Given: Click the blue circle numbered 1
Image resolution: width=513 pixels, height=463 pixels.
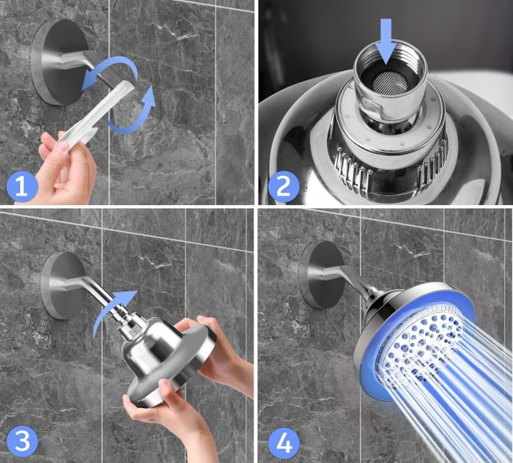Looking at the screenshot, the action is [22, 186].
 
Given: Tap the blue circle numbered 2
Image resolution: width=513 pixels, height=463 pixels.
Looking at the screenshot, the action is [284, 186].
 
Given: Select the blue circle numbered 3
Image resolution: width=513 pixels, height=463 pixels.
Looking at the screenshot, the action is [22, 442].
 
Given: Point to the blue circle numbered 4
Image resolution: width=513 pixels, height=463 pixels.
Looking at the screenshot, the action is [284, 442].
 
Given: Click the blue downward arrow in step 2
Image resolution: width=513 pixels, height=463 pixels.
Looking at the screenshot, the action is [386, 41].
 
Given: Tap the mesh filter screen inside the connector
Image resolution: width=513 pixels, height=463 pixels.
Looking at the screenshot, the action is [389, 81].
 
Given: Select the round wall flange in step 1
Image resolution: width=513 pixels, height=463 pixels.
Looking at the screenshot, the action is [59, 62].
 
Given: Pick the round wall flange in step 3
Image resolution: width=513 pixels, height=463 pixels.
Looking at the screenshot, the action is [64, 285].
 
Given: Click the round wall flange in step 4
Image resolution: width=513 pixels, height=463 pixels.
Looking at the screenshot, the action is [322, 275].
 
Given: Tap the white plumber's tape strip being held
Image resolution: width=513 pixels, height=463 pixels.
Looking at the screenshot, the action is [93, 114].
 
